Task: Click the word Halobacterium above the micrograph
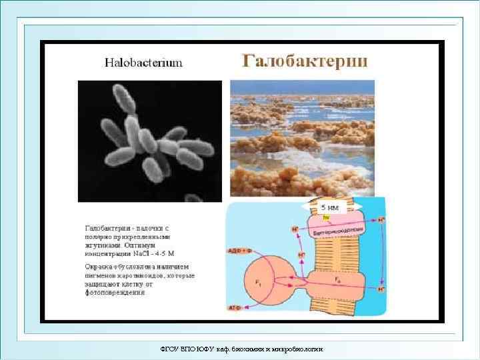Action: tap(143, 63)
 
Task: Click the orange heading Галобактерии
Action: tap(304, 61)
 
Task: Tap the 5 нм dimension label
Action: tap(329, 208)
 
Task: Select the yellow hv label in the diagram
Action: tap(326, 217)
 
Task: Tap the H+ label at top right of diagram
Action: tap(381, 219)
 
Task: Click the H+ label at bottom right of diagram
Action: tap(381, 290)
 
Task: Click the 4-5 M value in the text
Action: tap(165, 253)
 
